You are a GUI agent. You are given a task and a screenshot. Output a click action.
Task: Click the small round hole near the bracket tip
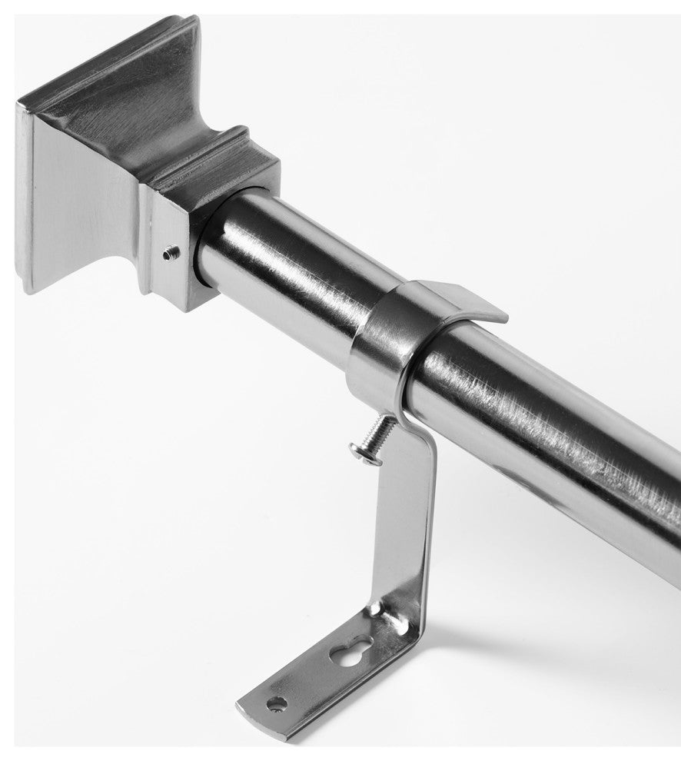point(274,702)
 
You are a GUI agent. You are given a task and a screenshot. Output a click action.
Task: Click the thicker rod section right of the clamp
point(538,430)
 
